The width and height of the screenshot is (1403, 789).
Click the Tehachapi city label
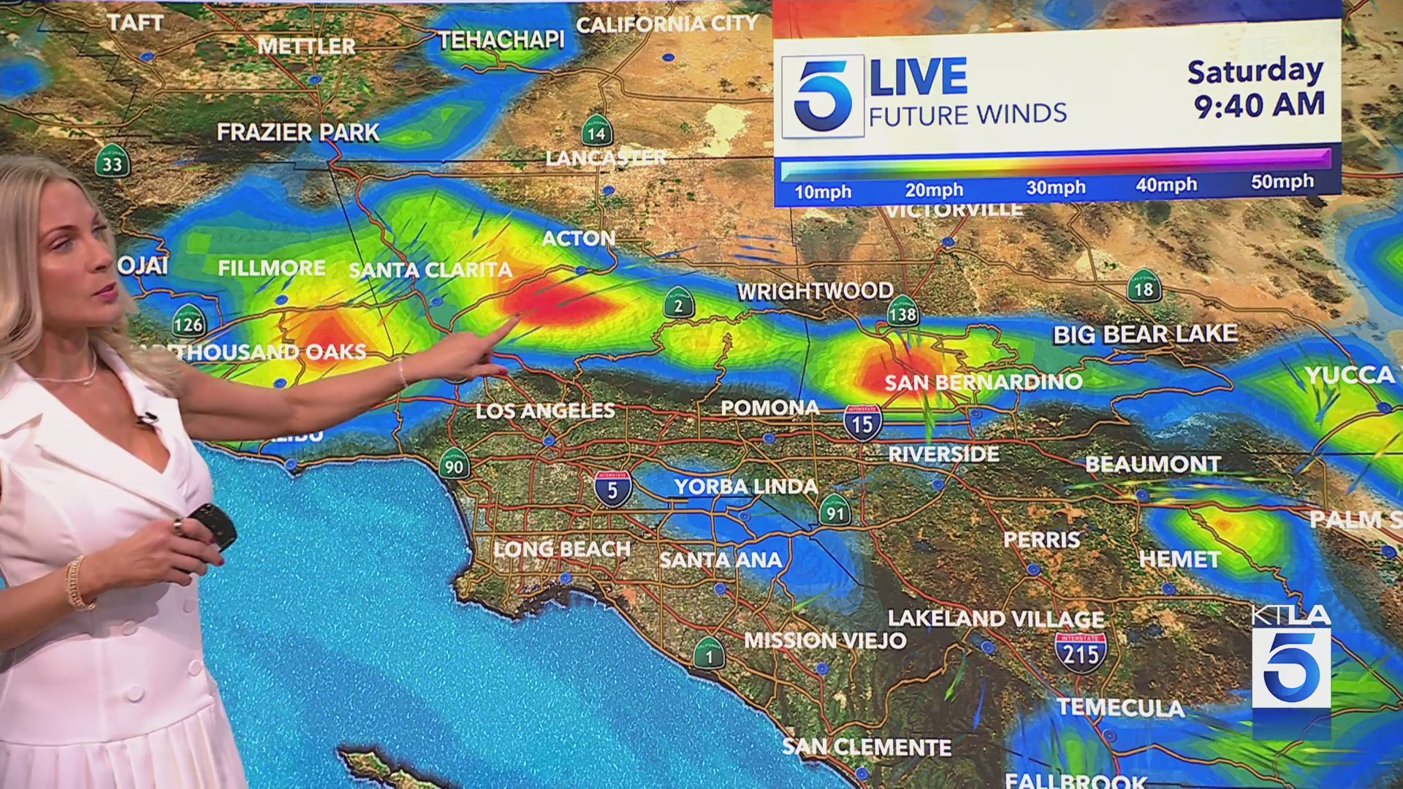click(501, 39)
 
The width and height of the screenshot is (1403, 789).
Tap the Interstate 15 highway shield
click(862, 422)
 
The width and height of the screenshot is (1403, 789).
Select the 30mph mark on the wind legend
click(1055, 188)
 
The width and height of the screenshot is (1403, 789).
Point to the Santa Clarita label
click(430, 270)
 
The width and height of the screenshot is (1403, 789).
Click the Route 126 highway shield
click(189, 321)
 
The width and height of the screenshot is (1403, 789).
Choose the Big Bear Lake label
click(1144, 335)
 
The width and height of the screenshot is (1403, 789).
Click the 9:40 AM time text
click(1259, 104)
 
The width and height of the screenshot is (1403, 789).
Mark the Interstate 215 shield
click(1080, 652)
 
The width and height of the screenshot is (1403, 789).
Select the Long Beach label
click(561, 549)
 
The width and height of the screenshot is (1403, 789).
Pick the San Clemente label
click(867, 747)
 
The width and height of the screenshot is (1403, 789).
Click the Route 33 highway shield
click(113, 162)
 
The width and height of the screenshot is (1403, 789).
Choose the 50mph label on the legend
click(1282, 182)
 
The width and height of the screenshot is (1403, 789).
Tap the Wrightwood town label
click(815, 291)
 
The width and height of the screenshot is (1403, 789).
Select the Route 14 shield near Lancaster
click(597, 131)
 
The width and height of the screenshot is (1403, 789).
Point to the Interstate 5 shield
click(612, 489)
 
